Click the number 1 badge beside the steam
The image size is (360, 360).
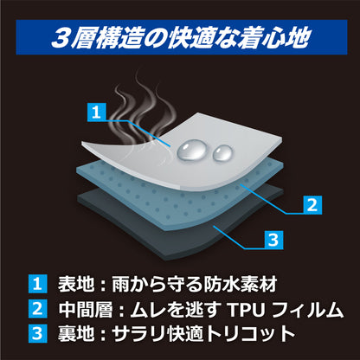tap(97, 112)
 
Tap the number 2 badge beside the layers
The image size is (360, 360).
tap(312, 205)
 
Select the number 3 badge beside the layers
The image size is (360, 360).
tap(273, 240)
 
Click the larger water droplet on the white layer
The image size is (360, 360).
tap(193, 150)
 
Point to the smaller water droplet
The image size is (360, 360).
tap(222, 153)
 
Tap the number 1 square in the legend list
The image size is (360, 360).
tap(37, 284)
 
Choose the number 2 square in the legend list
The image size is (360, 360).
tap(37, 309)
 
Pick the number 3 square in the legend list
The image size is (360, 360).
tap(37, 334)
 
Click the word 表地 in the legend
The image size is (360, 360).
tap(76, 284)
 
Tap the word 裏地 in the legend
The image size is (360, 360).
tap(76, 334)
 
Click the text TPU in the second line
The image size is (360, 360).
tap(246, 309)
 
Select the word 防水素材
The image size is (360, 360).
tap(241, 284)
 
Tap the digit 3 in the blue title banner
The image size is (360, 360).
tap(61, 37)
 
